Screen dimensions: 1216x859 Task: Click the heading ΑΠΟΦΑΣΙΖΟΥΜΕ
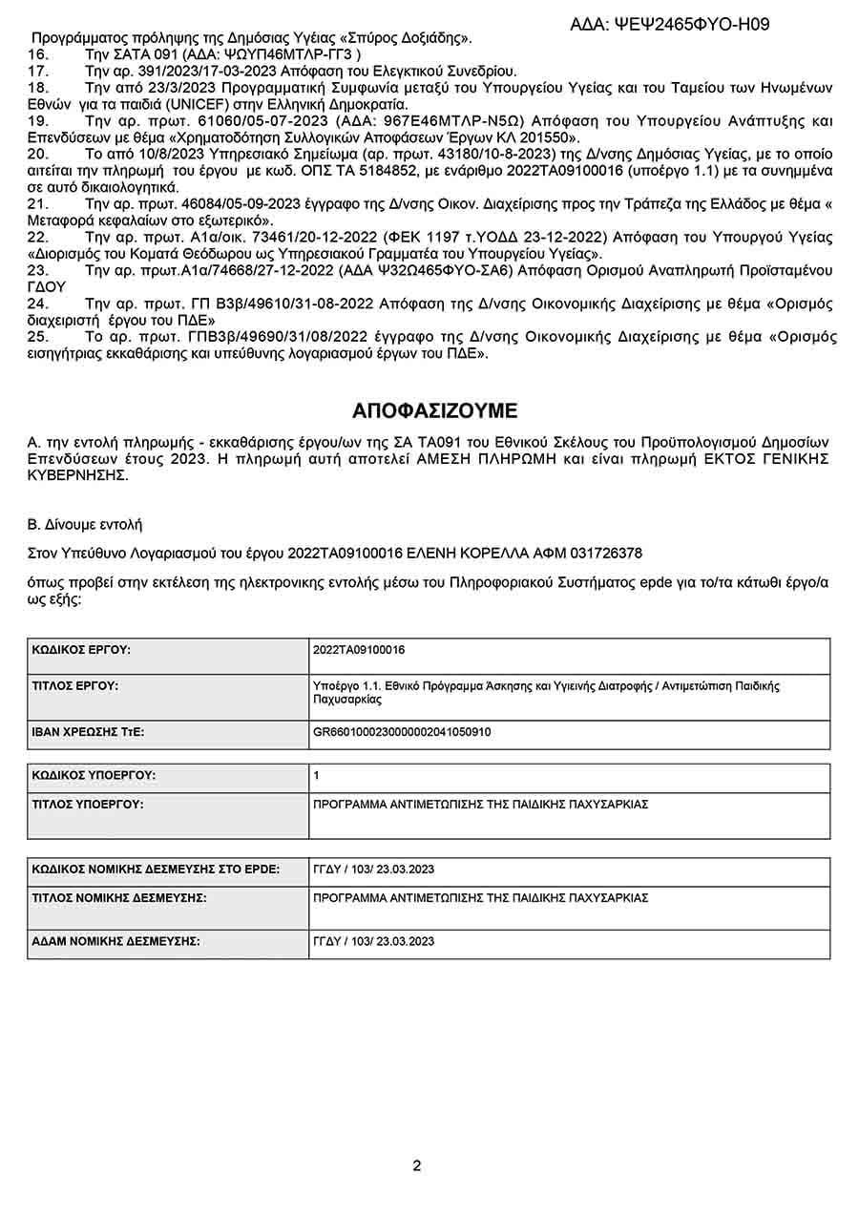[434, 411]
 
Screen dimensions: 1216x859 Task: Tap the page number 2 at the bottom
[417, 1165]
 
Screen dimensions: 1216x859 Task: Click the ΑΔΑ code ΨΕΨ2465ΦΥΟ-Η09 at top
[681, 25]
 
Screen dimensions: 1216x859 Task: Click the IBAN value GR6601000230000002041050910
[402, 733]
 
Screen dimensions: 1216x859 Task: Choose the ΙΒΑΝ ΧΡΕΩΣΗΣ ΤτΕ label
[88, 733]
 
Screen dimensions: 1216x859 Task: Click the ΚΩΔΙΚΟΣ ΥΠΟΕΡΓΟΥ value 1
[316, 776]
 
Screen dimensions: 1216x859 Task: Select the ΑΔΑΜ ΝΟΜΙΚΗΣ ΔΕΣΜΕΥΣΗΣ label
[115, 941]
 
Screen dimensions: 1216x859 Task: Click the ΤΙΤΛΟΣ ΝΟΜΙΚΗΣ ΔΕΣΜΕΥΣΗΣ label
[119, 898]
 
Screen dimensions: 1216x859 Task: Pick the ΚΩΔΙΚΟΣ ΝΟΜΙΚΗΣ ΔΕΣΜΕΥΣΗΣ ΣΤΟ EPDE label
[156, 870]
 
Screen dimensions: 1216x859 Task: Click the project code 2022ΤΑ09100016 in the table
[359, 650]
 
